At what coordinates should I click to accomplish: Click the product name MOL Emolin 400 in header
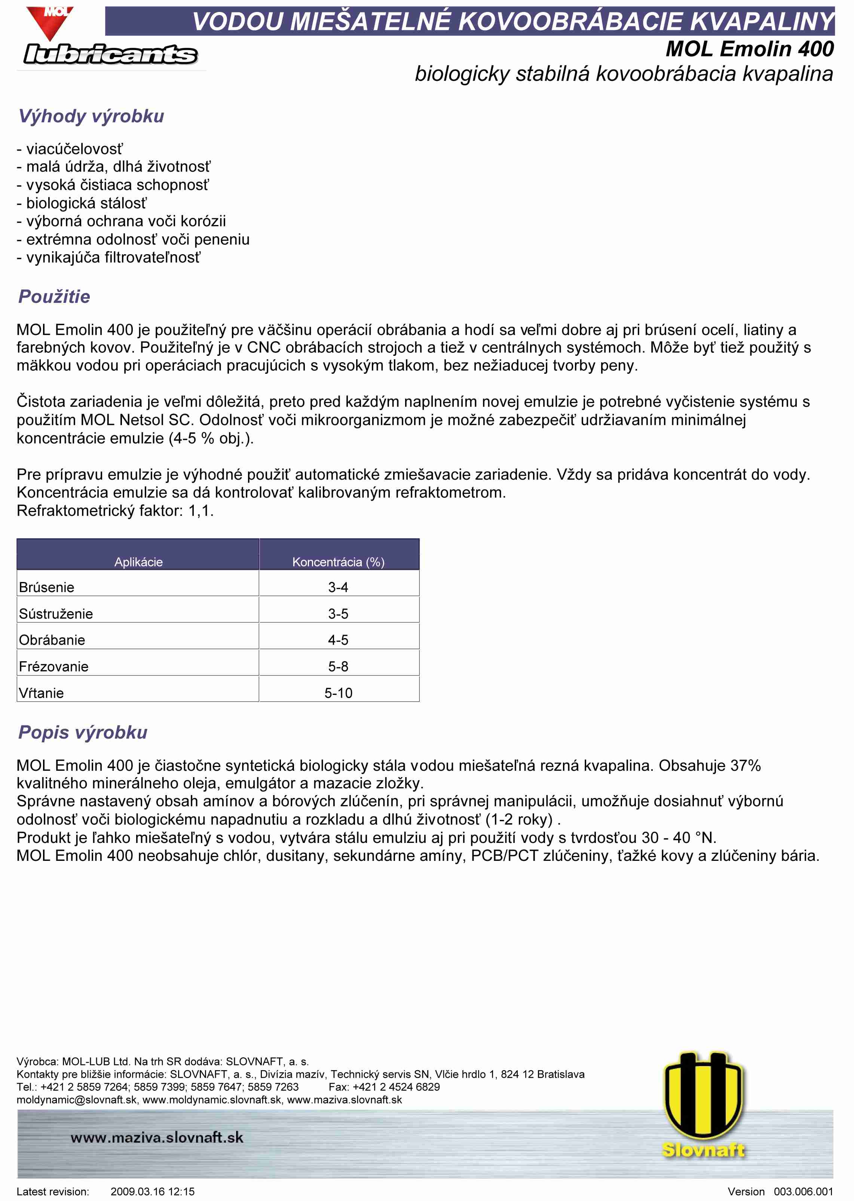tap(749, 49)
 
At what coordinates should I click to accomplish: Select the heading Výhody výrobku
tap(91, 116)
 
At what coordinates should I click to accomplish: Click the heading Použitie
tap(54, 296)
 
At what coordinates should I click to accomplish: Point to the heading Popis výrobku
tap(83, 732)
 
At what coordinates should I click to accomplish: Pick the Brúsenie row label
tap(46, 587)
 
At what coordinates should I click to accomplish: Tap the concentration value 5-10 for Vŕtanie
tap(338, 693)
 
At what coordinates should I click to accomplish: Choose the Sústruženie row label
tap(56, 614)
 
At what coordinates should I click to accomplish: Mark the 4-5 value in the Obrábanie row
tap(338, 640)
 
